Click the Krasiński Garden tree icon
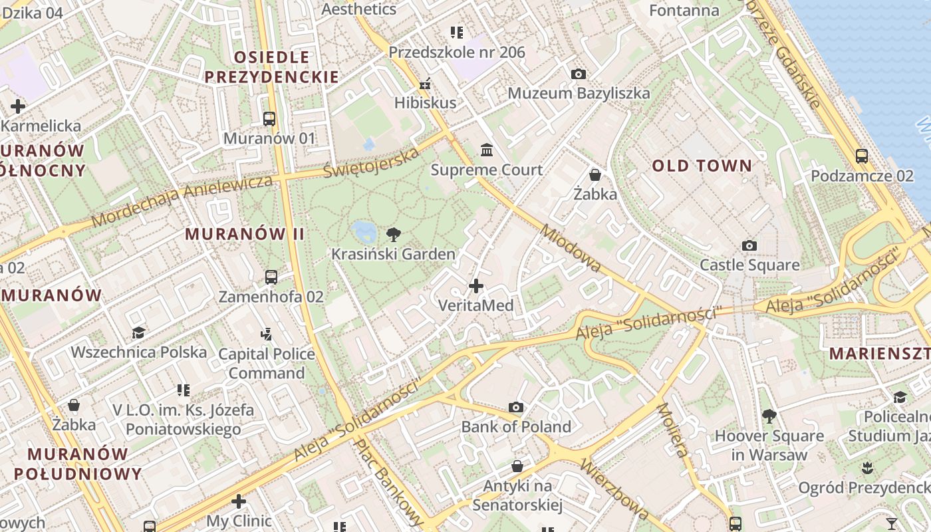(x=393, y=234)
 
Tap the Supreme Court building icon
(x=487, y=150)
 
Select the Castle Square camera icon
(x=749, y=246)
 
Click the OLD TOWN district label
(x=702, y=166)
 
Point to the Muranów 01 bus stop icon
(x=269, y=119)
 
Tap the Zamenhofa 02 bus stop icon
(x=271, y=277)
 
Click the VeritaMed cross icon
(x=476, y=287)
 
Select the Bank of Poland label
(x=516, y=426)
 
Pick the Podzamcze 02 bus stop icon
(x=862, y=156)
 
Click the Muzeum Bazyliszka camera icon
(x=579, y=74)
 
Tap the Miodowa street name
(x=571, y=249)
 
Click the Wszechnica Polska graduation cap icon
(x=139, y=332)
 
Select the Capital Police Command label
(x=267, y=363)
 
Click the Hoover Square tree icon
(x=769, y=417)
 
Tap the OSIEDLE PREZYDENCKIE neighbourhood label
(x=271, y=66)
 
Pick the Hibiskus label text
(x=426, y=102)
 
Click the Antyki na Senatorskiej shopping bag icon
(x=517, y=466)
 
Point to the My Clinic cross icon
(x=239, y=501)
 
